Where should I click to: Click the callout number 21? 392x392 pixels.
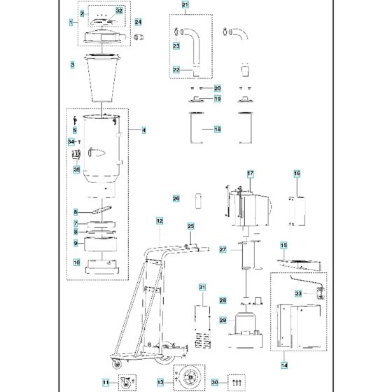click(185, 5)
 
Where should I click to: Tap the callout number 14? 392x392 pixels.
click(284, 365)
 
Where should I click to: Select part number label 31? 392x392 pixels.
click(202, 288)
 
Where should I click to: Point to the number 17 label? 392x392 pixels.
click(251, 174)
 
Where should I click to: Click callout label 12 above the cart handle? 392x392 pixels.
click(160, 221)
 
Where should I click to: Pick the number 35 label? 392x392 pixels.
click(76, 169)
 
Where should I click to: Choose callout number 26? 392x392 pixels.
click(176, 199)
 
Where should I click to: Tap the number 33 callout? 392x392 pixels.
click(298, 293)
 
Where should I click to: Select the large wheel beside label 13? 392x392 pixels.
click(190, 377)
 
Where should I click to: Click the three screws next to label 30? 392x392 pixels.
click(237, 382)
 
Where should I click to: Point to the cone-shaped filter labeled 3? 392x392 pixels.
click(102, 78)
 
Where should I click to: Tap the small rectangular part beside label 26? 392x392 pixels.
click(198, 200)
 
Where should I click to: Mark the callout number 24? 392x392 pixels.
click(139, 22)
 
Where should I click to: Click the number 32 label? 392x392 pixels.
click(120, 10)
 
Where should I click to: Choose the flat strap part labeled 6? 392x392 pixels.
click(101, 210)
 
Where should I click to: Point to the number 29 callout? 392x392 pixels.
click(223, 321)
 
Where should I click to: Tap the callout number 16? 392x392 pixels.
click(297, 174)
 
